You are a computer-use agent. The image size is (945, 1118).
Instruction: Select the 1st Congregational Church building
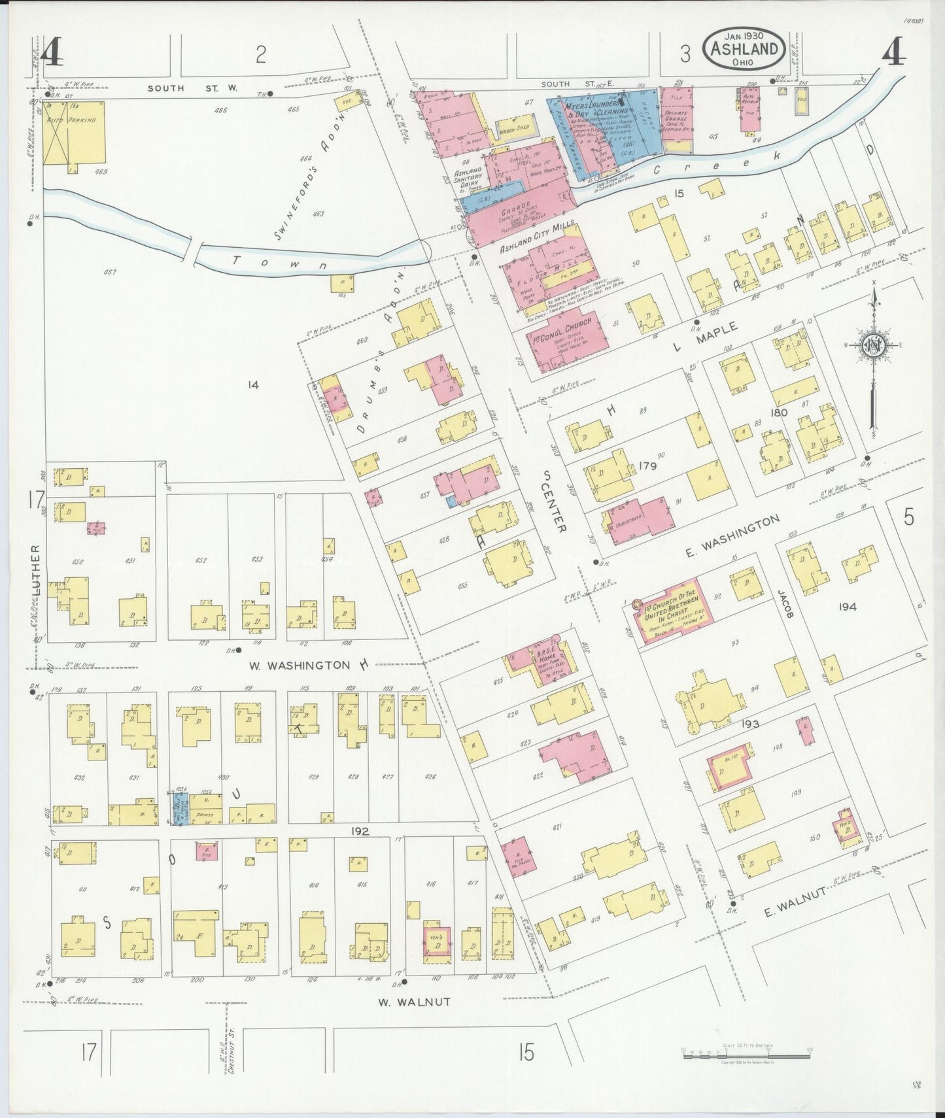[x=567, y=341]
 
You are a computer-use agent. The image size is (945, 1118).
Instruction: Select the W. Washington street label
[x=300, y=665]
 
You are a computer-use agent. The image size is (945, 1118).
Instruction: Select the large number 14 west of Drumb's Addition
[x=253, y=386]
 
